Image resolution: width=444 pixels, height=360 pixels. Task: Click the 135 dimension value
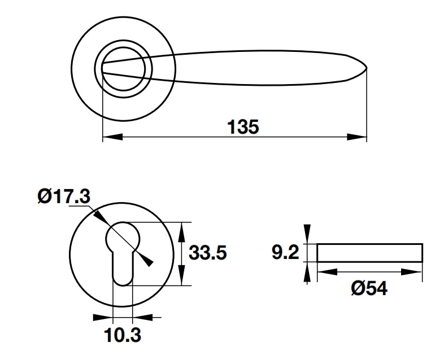(x=243, y=126)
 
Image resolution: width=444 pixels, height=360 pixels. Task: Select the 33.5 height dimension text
(x=207, y=253)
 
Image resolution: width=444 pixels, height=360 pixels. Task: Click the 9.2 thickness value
(x=285, y=253)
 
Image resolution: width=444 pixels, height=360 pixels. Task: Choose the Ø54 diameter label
(x=369, y=288)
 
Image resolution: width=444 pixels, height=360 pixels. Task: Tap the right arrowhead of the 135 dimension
(x=357, y=137)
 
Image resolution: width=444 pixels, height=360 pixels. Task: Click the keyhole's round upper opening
(x=123, y=237)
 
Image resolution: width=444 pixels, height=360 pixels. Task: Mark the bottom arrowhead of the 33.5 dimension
(x=181, y=278)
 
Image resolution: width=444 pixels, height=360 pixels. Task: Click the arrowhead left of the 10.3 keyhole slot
(x=105, y=317)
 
